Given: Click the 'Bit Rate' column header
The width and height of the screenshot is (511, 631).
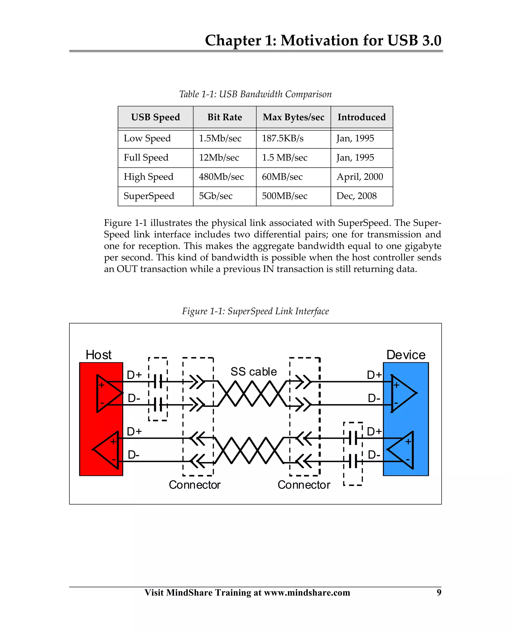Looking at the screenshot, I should pos(225,117).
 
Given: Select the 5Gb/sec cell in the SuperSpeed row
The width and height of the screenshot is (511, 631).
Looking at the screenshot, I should pos(216,196).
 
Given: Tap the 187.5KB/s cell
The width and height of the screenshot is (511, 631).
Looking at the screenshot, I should pos(283,138).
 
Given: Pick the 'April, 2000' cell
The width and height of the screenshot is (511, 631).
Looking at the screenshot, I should pos(360,177).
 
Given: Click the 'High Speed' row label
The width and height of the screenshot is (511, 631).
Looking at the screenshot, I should pos(148,177).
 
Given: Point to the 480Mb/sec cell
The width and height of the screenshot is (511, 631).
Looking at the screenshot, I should pos(221,177).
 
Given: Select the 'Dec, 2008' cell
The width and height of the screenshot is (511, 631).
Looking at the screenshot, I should pos(357,196).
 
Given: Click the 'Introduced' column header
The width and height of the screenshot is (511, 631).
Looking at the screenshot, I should pos(362,117).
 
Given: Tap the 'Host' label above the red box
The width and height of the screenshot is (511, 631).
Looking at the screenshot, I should pos(98,355).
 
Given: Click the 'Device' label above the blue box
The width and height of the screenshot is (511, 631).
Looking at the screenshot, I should pos(406,355).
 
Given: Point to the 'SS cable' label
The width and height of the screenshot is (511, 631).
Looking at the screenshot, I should pos(254,372).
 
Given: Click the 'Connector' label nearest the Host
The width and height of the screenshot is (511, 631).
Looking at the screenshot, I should pos(195,485).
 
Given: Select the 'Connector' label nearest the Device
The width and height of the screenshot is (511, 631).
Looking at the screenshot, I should pos(304,485).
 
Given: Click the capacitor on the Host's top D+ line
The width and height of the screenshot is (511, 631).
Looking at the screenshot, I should pos(158,382).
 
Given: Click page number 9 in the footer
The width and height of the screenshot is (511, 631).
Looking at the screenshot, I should pos(439,592).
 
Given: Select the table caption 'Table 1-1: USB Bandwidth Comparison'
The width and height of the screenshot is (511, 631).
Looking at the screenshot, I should pos(255,94).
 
